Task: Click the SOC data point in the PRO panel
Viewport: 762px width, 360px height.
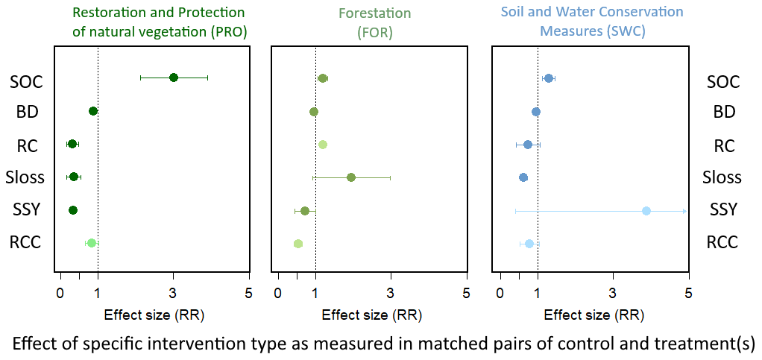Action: (174, 78)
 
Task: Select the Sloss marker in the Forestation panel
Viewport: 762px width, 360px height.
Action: (351, 177)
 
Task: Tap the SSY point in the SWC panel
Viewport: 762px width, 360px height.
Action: (646, 211)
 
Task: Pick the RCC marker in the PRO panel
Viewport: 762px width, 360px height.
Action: (92, 243)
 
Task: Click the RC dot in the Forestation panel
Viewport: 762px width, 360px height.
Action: (323, 145)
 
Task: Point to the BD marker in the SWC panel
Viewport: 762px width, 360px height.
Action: (536, 112)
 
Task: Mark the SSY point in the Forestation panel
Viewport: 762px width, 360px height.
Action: (305, 211)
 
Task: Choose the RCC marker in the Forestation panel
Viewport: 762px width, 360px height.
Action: (298, 244)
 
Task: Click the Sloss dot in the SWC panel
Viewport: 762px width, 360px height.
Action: (523, 177)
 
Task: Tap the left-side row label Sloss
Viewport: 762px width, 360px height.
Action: (25, 178)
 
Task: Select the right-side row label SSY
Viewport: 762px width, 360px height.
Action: (722, 210)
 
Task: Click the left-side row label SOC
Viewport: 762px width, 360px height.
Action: (26, 82)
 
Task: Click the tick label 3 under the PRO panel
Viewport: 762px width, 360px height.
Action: (174, 294)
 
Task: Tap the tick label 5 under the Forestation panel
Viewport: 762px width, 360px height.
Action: (466, 294)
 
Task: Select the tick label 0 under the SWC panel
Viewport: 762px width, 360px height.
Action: (500, 294)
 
